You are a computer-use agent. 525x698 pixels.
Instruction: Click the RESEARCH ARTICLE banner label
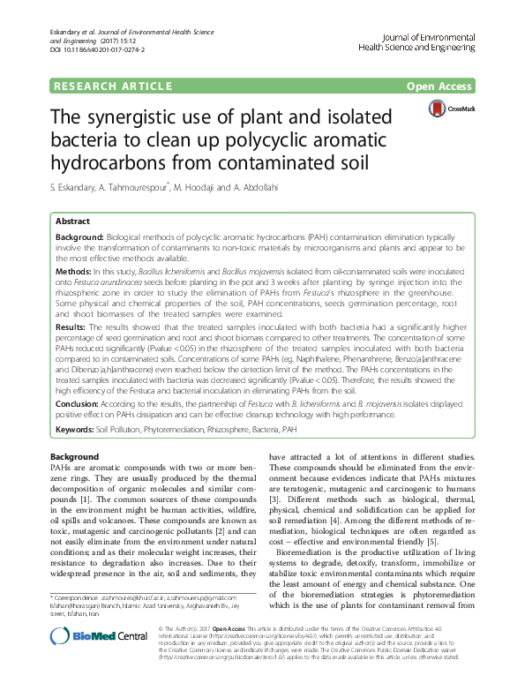[x=113, y=86]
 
